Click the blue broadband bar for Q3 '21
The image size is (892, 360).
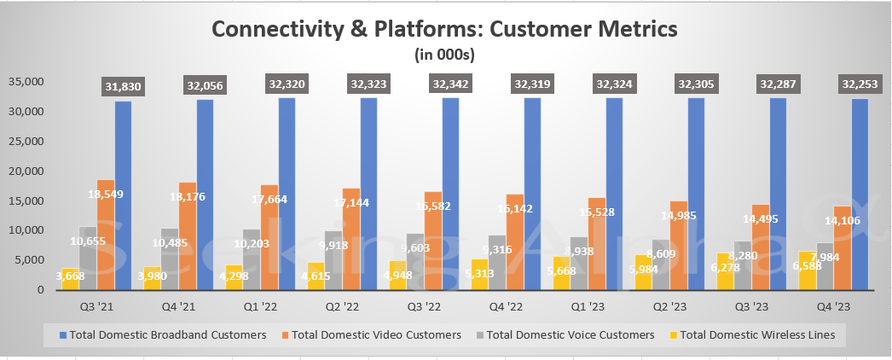pos(124,196)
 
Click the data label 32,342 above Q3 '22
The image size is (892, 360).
pos(450,84)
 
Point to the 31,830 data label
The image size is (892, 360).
pos(123,84)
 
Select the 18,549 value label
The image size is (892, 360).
pos(105,195)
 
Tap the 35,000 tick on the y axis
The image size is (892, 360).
pos(28,82)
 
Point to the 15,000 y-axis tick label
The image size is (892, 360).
pos(28,200)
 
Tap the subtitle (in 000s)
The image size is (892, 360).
pos(443,55)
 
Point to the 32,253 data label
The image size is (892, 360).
pos(859,84)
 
